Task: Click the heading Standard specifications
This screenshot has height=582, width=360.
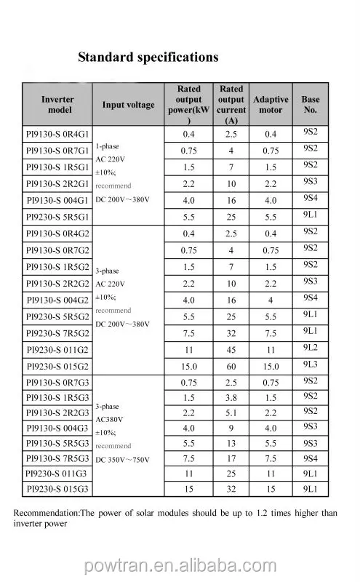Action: coord(148,57)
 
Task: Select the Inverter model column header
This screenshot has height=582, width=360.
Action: coord(58,104)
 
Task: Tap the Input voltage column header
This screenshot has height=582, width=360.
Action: coord(128,105)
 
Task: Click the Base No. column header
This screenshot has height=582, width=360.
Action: coord(310,105)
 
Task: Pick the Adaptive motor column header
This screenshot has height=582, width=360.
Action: coord(271,105)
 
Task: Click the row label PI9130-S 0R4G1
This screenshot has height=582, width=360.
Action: coord(57,135)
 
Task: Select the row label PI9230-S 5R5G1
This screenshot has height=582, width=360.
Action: coord(57,217)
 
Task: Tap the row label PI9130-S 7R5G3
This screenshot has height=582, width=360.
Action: coord(57,458)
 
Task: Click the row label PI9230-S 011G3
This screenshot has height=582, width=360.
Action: coord(57,474)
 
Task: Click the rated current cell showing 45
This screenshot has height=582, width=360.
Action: coord(231,349)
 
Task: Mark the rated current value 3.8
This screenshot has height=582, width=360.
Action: coord(231,398)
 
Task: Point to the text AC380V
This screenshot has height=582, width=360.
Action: coord(111,419)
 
